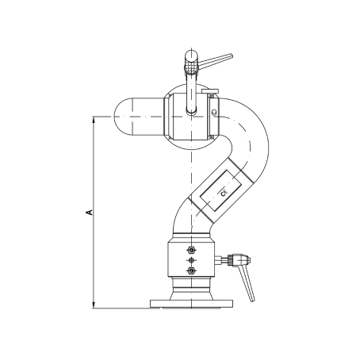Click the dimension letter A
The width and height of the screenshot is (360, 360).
(x=90, y=212)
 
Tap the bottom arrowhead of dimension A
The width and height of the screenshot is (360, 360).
(x=94, y=305)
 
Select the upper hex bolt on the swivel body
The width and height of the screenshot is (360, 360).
(x=190, y=250)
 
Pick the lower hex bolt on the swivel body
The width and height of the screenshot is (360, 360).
(x=190, y=270)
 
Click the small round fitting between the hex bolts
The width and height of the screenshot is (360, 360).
(x=190, y=260)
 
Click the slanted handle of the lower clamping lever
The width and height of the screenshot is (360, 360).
(x=247, y=282)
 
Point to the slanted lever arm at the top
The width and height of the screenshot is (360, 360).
(x=216, y=60)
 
